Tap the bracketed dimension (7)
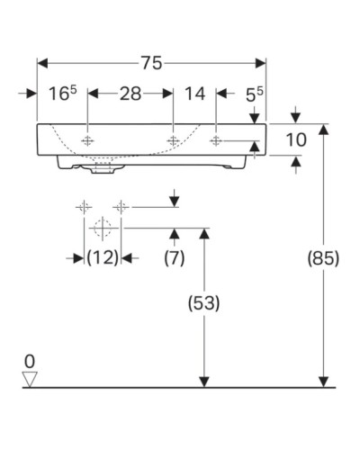(174, 258)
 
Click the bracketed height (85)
(323, 258)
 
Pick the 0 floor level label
(31, 362)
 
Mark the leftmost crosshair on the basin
(87, 141)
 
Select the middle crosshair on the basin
(173, 141)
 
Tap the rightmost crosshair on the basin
(216, 141)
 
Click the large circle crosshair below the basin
(101, 228)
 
